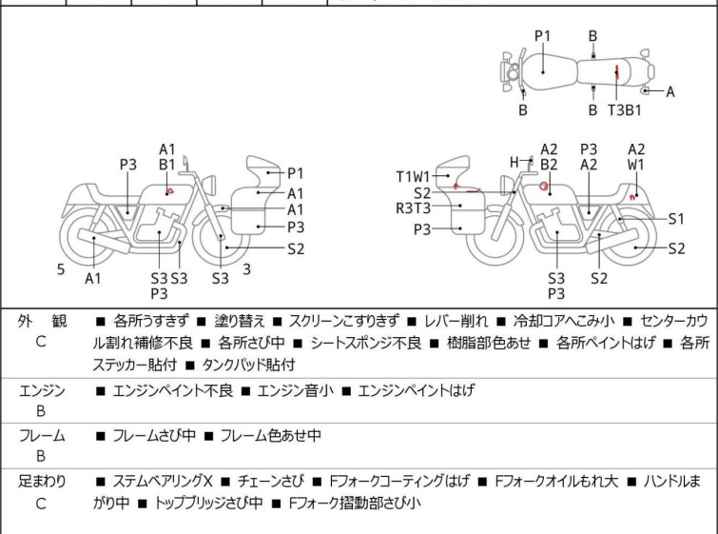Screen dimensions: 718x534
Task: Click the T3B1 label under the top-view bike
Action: pyautogui.click(x=625, y=110)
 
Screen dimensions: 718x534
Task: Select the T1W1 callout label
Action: pyautogui.click(x=413, y=176)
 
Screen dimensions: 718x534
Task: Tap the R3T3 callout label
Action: pyautogui.click(x=413, y=208)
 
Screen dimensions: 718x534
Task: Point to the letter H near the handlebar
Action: pyautogui.click(x=514, y=162)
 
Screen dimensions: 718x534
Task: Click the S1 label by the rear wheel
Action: pyautogui.click(x=676, y=219)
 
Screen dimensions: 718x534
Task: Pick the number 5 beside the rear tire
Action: pyautogui.click(x=61, y=269)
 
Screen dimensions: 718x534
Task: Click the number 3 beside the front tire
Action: pyautogui.click(x=246, y=269)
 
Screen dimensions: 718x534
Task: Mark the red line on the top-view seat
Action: pyautogui.click(x=617, y=72)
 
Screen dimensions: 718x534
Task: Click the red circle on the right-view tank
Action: pyautogui.click(x=544, y=187)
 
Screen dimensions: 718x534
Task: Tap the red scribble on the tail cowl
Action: pyautogui.click(x=632, y=197)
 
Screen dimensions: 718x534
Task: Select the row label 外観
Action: pyautogui.click(x=42, y=322)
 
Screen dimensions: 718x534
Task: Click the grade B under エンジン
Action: pyautogui.click(x=41, y=411)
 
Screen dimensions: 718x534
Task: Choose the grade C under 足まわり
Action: pyautogui.click(x=41, y=504)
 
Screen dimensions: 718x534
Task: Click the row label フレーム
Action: pyautogui.click(x=42, y=435)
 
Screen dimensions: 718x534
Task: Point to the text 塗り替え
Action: pyautogui.click(x=240, y=321)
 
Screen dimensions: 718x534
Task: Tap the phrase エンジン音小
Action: pyautogui.click(x=296, y=390)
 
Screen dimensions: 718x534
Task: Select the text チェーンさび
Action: pyautogui.click(x=270, y=482)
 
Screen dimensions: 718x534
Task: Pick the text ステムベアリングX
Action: pyautogui.click(x=162, y=482)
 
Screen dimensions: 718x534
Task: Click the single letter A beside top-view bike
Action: pyautogui.click(x=669, y=92)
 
